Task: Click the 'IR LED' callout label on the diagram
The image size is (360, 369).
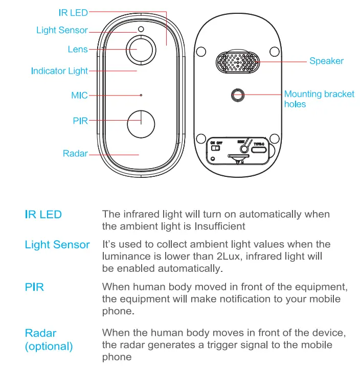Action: tap(73, 11)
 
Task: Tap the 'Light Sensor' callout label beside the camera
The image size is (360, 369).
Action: tap(62, 30)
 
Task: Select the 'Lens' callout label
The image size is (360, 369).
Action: tap(78, 50)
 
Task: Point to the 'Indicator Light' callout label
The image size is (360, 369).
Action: tap(59, 71)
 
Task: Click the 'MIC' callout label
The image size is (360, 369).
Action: tap(79, 95)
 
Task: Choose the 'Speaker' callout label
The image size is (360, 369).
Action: tap(326, 61)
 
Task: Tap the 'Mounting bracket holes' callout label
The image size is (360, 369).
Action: tap(319, 99)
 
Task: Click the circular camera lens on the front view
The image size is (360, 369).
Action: tap(141, 50)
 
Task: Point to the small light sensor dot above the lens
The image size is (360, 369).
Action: tap(141, 29)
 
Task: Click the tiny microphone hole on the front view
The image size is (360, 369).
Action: tap(141, 95)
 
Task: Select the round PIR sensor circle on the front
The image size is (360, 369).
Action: tap(141, 123)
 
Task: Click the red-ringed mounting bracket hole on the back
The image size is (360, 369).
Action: tap(237, 94)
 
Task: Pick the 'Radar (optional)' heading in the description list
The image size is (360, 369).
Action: tap(49, 340)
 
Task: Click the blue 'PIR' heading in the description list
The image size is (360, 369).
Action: tap(34, 287)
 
